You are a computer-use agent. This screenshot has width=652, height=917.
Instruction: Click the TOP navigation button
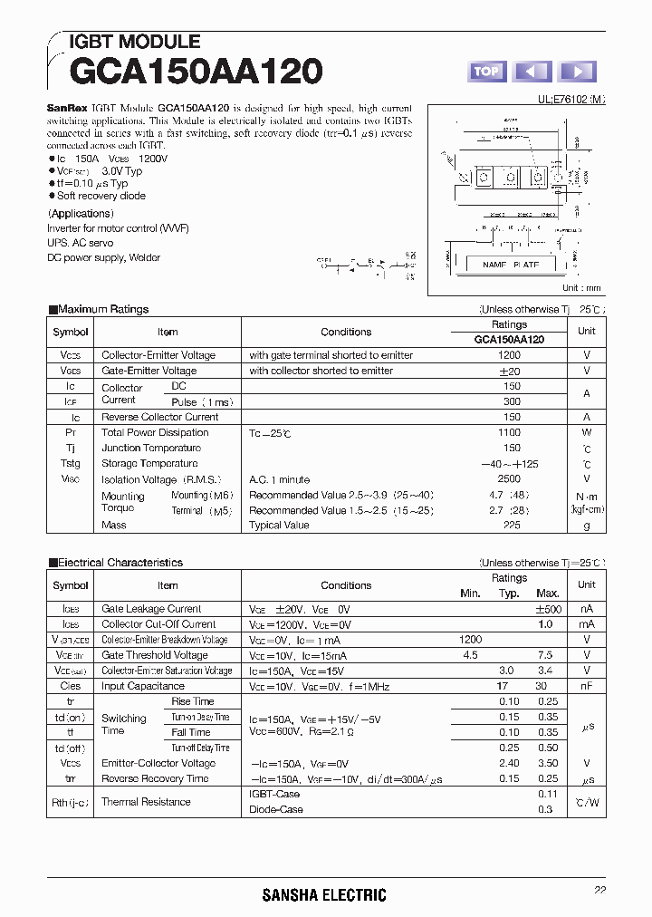coord(486,71)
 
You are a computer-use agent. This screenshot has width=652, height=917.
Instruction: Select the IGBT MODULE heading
coord(134,42)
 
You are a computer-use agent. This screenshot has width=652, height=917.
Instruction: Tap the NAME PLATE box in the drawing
coord(511,265)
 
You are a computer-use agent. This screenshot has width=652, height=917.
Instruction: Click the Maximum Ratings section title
coord(103,309)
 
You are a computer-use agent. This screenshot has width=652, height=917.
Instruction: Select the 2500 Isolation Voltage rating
coord(509,478)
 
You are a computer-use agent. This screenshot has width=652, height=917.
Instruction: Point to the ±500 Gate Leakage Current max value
coord(549,609)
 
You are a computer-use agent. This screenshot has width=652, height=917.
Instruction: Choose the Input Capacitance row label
coord(143,686)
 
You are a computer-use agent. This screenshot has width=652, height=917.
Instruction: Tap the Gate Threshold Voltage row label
coord(155,655)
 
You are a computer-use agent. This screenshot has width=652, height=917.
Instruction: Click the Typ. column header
coord(510,593)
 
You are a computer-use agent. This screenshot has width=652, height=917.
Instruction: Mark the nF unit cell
coord(587,686)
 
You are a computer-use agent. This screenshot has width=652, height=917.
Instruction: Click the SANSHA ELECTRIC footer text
coord(324,895)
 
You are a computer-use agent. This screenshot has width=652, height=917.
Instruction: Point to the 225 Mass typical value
coord(513,525)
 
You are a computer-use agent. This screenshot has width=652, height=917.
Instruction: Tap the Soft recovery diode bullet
coord(101,196)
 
